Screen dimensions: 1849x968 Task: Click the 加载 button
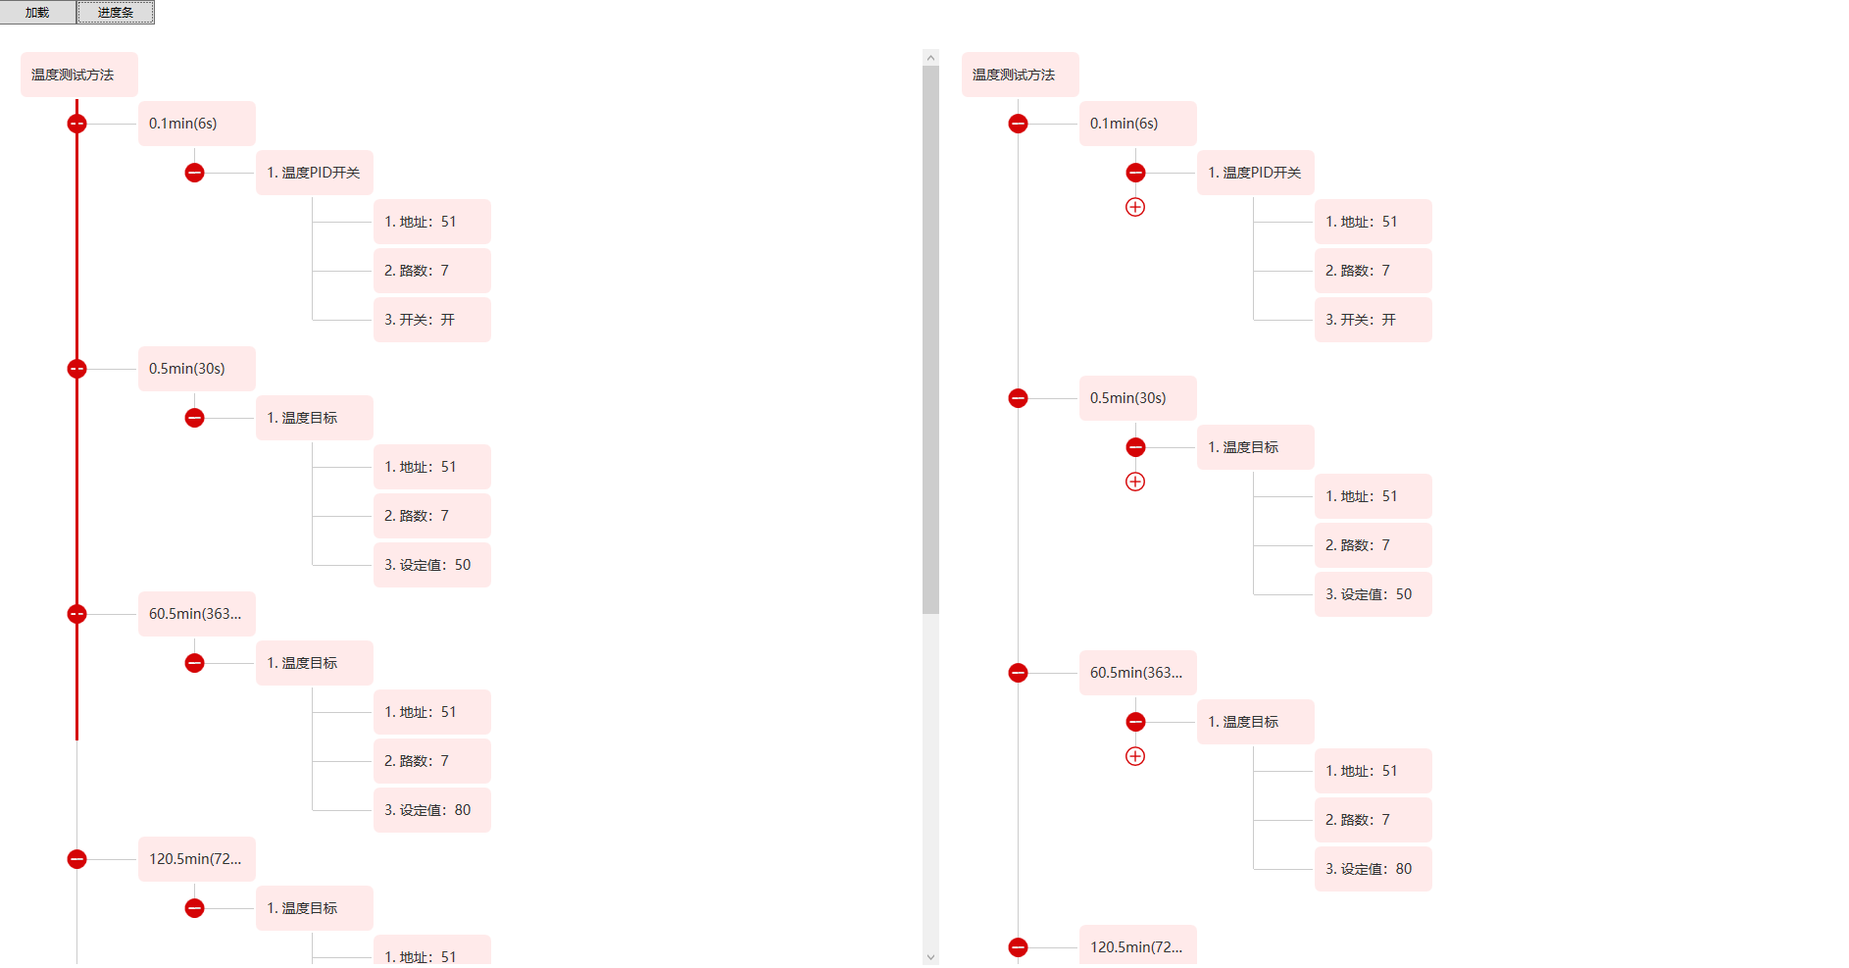coord(37,13)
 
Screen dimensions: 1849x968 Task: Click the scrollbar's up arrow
coord(930,58)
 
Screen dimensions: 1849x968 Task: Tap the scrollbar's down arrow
coord(930,957)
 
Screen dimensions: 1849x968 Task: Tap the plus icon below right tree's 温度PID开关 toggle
coord(1135,207)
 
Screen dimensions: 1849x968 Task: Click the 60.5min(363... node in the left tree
coord(196,614)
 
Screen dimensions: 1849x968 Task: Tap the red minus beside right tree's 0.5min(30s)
coord(1018,398)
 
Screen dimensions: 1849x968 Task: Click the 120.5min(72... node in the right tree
coord(1137,947)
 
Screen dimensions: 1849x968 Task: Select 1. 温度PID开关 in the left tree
coord(314,173)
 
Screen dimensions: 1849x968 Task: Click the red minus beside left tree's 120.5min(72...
coord(76,859)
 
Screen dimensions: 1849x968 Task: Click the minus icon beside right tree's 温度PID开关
coord(1135,173)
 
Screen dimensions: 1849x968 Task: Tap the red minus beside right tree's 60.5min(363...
coord(1018,673)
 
